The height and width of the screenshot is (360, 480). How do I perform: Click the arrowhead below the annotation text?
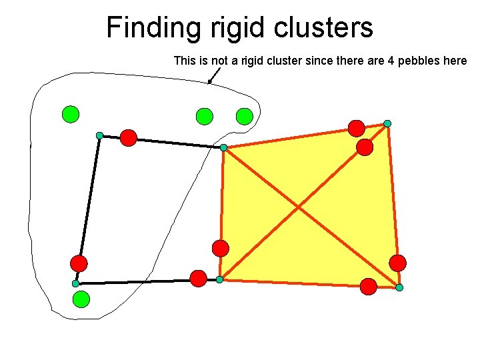click(209, 82)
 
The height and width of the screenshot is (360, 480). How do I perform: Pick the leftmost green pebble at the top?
click(70, 115)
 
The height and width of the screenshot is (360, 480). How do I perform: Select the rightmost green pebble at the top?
click(245, 117)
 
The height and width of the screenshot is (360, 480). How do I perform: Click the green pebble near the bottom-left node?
click(81, 299)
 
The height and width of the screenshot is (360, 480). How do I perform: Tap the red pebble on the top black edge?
click(129, 138)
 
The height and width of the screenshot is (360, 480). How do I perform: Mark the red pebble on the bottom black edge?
click(198, 279)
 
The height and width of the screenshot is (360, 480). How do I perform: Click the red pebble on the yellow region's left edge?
click(221, 249)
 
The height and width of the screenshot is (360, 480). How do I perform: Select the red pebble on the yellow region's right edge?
click(397, 263)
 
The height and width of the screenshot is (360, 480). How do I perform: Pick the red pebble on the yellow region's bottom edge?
click(369, 287)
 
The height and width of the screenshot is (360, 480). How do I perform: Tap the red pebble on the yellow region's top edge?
click(357, 128)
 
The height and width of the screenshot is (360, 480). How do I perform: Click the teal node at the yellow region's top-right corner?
click(387, 123)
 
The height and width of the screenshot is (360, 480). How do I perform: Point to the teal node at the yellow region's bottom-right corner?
click(399, 288)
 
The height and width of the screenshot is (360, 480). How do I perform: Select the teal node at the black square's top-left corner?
click(99, 136)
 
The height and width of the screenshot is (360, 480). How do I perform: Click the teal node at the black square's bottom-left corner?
click(76, 284)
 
